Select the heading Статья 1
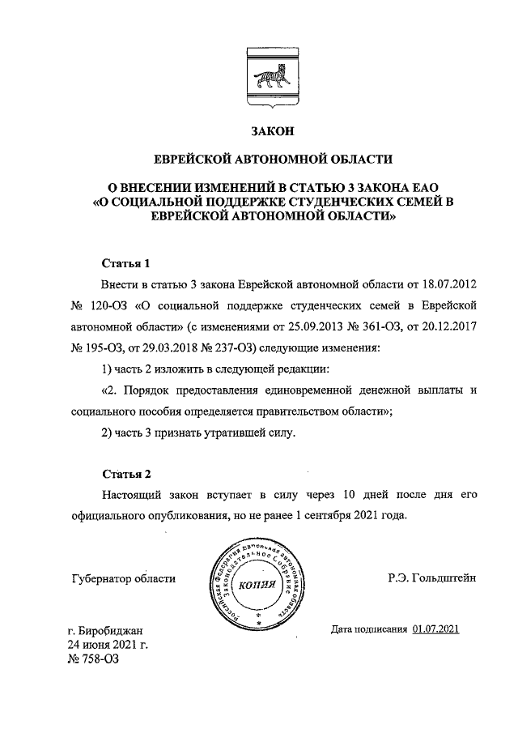(126, 264)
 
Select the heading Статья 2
(126, 473)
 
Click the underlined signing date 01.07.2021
(435, 628)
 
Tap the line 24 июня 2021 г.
(109, 645)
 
